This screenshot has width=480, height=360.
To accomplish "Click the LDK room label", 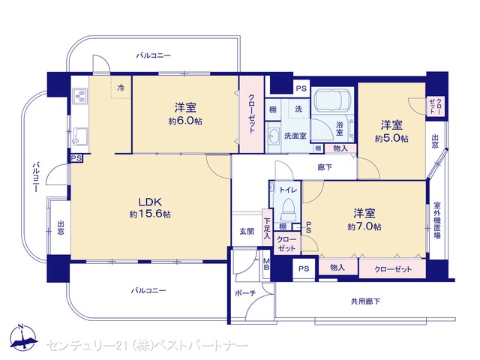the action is pyautogui.click(x=150, y=202).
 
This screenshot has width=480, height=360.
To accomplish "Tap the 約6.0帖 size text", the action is pyautogui.click(x=185, y=121).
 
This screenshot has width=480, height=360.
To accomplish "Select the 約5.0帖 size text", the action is pyautogui.click(x=391, y=139).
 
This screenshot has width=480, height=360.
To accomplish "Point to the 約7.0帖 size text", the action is pyautogui.click(x=364, y=226).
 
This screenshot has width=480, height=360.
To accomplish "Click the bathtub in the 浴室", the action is pyautogui.click(x=332, y=101).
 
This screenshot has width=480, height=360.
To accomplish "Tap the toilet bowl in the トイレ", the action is pyautogui.click(x=288, y=209).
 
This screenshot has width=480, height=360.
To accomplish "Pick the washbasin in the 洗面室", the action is pyautogui.click(x=273, y=136).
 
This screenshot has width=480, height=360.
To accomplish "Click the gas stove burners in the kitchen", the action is pyautogui.click(x=80, y=96).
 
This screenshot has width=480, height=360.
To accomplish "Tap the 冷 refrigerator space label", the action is pyautogui.click(x=121, y=88).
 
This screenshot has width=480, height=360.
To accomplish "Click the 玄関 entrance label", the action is pyautogui.click(x=247, y=232).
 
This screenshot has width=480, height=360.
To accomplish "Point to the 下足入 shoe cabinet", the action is pyautogui.click(x=267, y=228).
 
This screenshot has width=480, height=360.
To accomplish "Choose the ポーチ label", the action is pyautogui.click(x=245, y=293).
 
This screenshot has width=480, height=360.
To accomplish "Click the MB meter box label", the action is pyautogui.click(x=267, y=265).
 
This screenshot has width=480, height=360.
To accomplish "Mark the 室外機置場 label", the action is pyautogui.click(x=436, y=220).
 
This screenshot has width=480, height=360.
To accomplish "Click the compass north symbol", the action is pyautogui.click(x=23, y=336).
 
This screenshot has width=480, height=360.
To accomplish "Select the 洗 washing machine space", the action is pyautogui.click(x=298, y=109).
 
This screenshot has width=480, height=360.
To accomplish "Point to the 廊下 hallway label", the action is pyautogui.click(x=325, y=167).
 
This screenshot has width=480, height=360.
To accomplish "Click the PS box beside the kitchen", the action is pyautogui.click(x=76, y=158).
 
